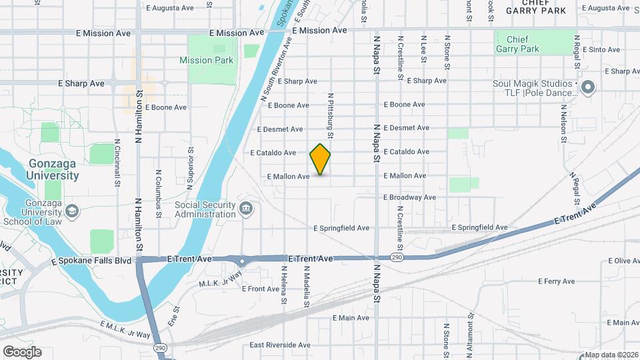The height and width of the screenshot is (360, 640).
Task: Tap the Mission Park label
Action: pyautogui.click(x=206, y=60)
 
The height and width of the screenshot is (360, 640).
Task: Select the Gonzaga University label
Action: pyautogui.click(x=53, y=170)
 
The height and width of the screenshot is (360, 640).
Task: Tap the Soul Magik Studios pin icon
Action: pyautogui.click(x=588, y=87)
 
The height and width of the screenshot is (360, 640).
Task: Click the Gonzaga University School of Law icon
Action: pyautogui.click(x=71, y=211)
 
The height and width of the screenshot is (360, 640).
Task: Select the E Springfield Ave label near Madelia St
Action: pyautogui.click(x=341, y=228)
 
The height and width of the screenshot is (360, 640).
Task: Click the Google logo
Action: pyautogui.click(x=22, y=351)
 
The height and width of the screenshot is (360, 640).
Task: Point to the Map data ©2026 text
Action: pyautogui.click(x=611, y=355)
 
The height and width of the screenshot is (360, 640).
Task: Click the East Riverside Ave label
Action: pyautogui.click(x=280, y=345)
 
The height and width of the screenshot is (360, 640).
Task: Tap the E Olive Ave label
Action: pyautogui.click(x=608, y=261)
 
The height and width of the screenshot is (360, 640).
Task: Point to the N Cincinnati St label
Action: pyautogui.click(x=117, y=162)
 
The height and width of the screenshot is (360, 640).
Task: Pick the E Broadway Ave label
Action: pyautogui.click(x=409, y=197)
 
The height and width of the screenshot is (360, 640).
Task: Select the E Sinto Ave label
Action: pyautogui.click(x=601, y=50)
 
